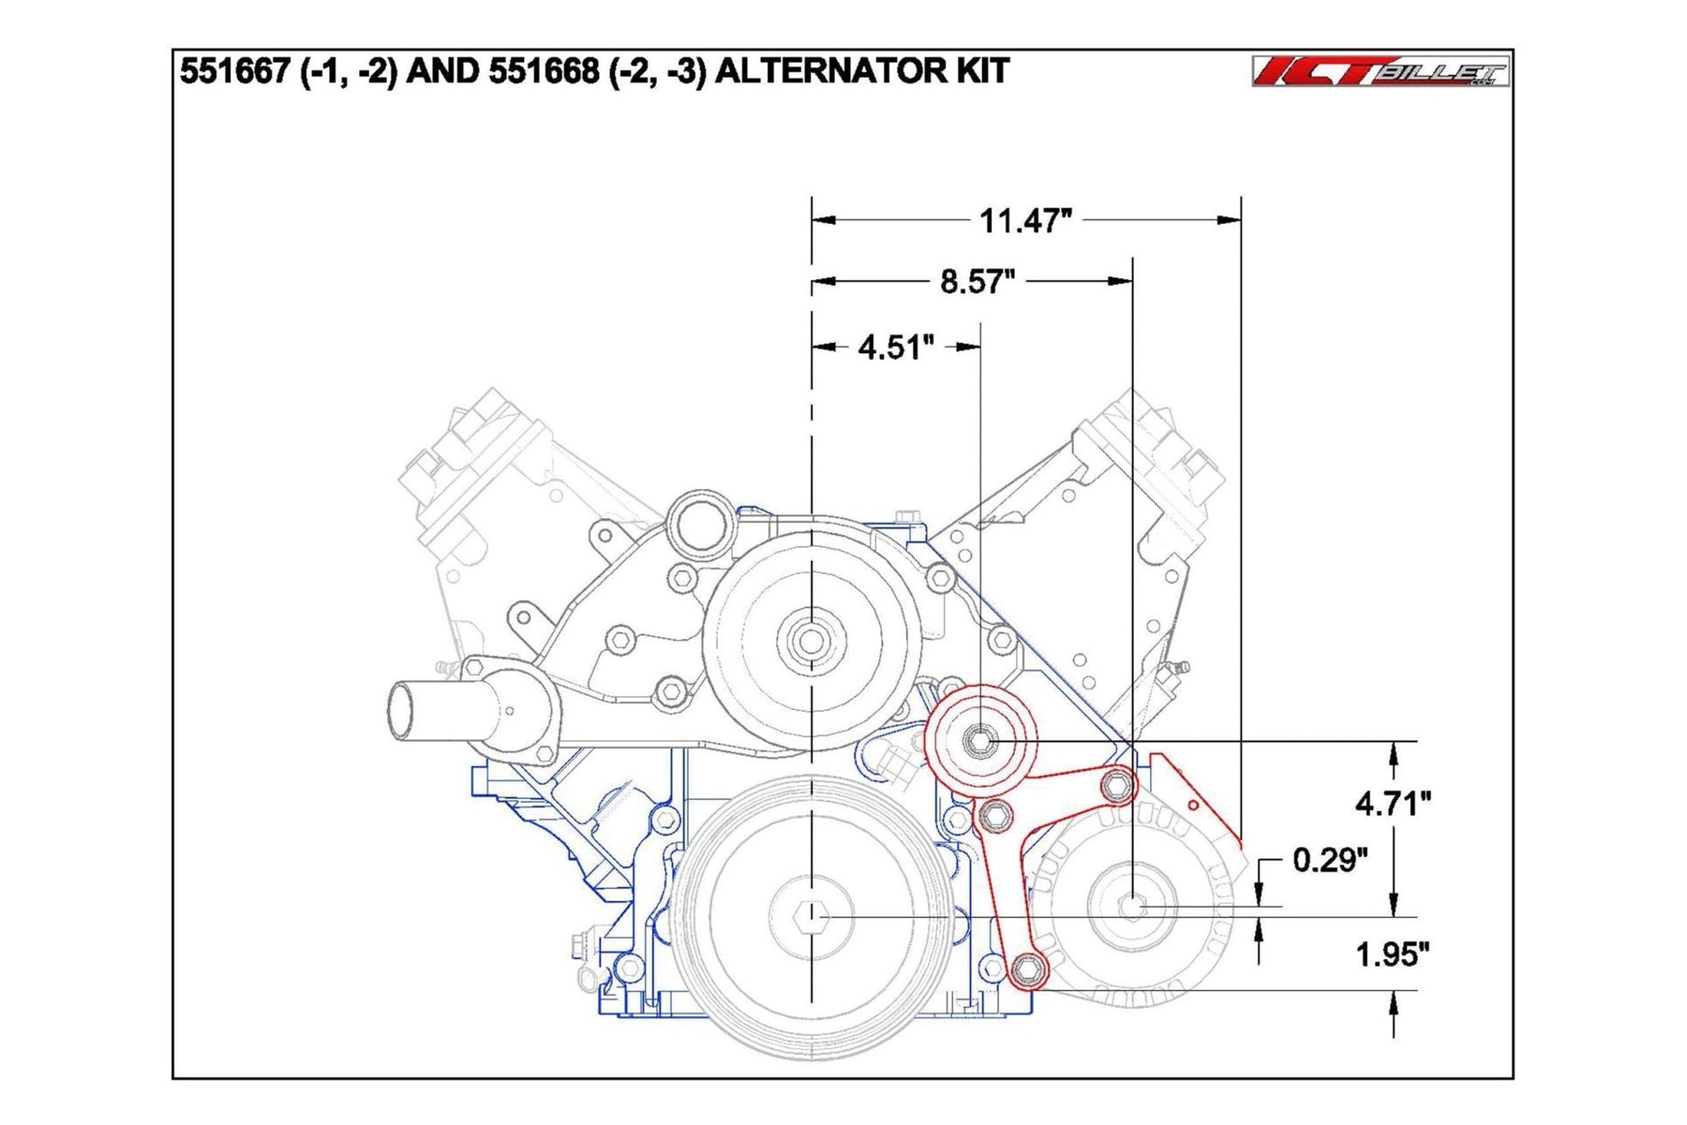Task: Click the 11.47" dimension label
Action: [x=1024, y=221]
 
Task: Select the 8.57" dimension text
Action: [x=977, y=281]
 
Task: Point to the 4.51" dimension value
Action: [x=895, y=348]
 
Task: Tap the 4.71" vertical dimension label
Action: [x=1393, y=803]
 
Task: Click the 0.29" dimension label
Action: [x=1329, y=859]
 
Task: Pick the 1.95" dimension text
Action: [x=1392, y=955]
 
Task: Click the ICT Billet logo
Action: [x=1380, y=71]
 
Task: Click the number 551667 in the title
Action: [x=234, y=71]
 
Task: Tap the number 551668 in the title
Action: [x=543, y=71]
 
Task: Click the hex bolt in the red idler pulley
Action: [x=980, y=741]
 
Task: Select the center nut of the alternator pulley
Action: [x=1133, y=906]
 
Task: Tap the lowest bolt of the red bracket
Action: [x=1028, y=968]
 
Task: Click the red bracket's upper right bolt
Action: [x=1117, y=785]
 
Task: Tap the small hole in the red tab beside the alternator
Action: [x=1193, y=805]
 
